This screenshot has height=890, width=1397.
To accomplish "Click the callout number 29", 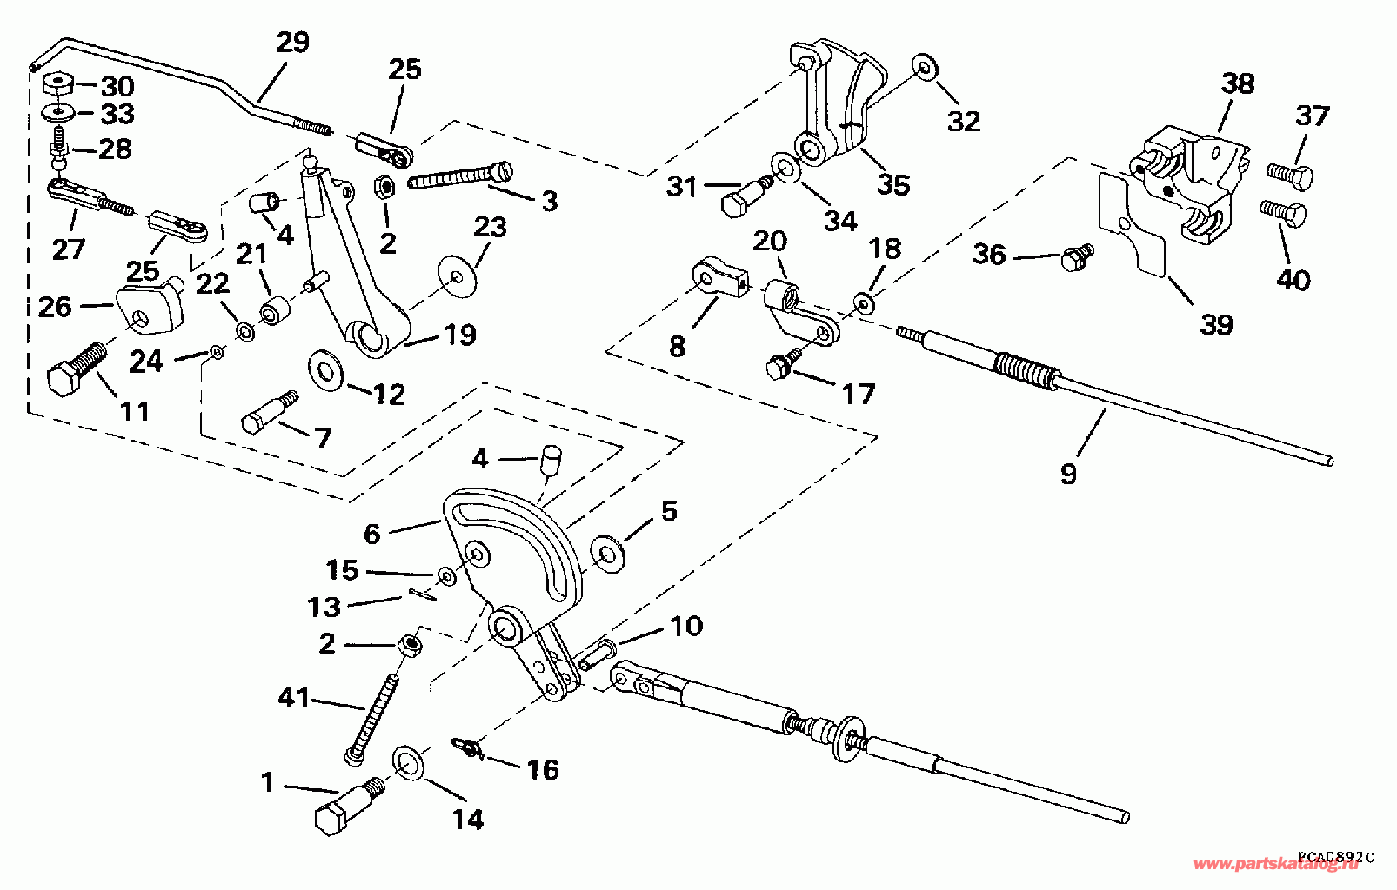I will tap(292, 43).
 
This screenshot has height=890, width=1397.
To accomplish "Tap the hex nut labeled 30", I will tap(57, 86).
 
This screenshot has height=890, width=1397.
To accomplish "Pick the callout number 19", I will tap(460, 335).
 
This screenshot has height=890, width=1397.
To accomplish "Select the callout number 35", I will tap(892, 184).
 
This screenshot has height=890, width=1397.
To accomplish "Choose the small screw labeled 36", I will tap(1078, 254).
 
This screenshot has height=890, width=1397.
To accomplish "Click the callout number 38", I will tap(1238, 84).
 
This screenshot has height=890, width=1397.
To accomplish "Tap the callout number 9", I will tap(1068, 474).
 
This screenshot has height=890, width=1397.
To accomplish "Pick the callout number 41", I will tap(293, 697).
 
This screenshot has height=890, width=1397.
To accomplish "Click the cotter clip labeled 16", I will tap(468, 747).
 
